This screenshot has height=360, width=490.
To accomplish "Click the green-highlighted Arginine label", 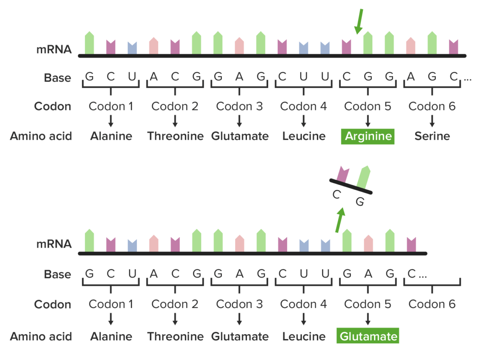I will (x=368, y=136).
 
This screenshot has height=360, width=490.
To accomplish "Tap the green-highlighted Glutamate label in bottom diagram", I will (x=368, y=336).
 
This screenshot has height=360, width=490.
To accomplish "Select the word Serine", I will (x=432, y=136).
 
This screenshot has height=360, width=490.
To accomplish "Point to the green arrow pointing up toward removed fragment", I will (x=340, y=219).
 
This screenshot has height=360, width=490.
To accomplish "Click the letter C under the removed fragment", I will (x=336, y=195).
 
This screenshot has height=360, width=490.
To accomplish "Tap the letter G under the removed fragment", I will (x=359, y=201).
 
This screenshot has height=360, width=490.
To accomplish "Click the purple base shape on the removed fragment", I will (x=342, y=174).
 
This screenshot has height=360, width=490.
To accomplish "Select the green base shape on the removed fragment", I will (x=363, y=177).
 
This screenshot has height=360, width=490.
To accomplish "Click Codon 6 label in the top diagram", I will (x=432, y=107).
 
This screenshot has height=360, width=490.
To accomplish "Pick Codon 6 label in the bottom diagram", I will (x=432, y=304).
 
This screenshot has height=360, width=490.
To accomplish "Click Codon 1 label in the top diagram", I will (x=111, y=107).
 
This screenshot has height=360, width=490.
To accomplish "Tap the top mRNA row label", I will (x=54, y=50).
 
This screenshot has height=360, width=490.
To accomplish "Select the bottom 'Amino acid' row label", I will (x=41, y=336).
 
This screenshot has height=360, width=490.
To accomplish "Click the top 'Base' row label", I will (x=58, y=78).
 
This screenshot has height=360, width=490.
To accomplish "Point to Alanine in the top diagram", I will (x=111, y=136).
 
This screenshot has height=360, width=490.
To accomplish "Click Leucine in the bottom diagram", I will (x=304, y=336).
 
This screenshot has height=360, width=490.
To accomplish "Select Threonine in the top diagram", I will (x=175, y=136).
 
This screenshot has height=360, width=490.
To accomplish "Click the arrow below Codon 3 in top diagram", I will (x=239, y=121).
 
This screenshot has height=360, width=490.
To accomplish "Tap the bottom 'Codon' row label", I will (x=53, y=304).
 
